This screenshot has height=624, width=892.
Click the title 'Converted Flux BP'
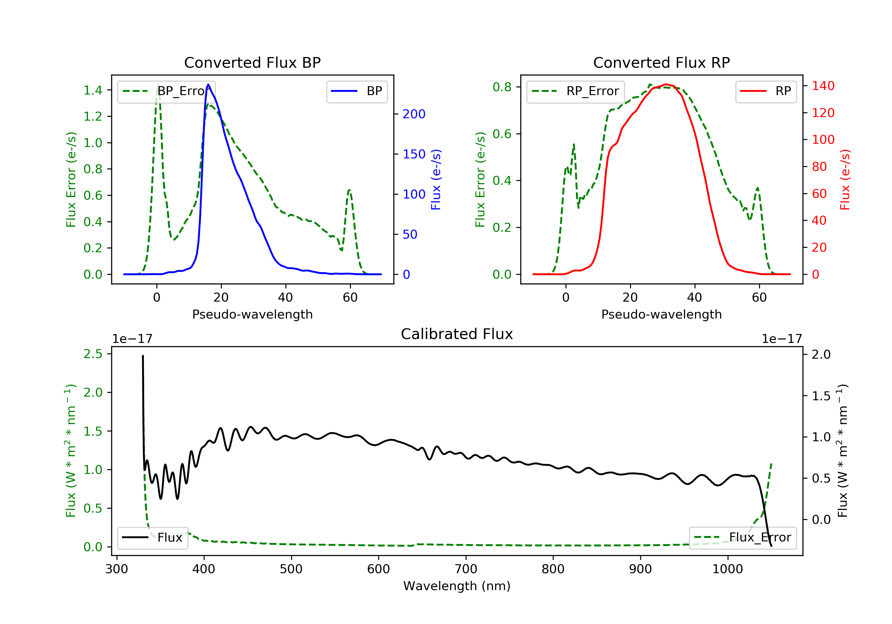tap(252, 62)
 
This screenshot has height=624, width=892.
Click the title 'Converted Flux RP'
tap(661, 62)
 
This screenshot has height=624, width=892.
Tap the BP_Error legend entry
tap(166, 91)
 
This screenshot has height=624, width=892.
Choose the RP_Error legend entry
tap(575, 91)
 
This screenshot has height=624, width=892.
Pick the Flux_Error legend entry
tap(742, 538)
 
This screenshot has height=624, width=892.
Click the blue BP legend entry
tap(357, 91)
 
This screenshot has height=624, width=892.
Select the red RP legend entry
tap(766, 91)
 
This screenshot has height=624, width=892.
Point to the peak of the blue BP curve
tap(208, 84)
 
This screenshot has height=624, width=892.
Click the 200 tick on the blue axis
tap(414, 114)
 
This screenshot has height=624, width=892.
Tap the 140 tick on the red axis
tap(823, 86)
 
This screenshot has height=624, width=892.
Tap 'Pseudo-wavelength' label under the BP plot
tap(252, 314)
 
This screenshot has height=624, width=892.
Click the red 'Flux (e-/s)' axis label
tap(845, 179)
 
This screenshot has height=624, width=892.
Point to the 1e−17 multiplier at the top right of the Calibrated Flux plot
tap(782, 339)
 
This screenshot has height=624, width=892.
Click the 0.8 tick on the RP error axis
tap(502, 87)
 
